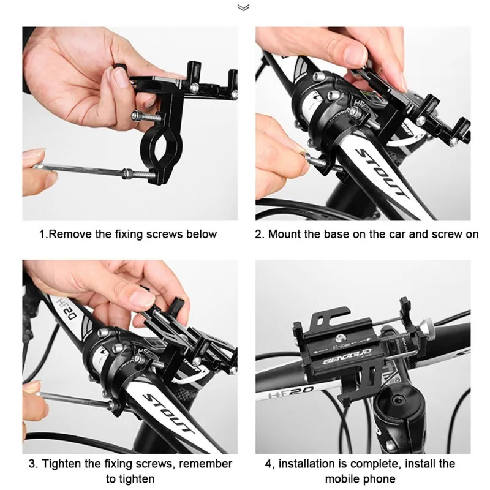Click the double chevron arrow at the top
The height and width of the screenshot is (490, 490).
coord(243,7)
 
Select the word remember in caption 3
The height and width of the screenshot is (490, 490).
coord(205,464)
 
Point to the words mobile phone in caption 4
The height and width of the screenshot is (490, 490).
coord(360,479)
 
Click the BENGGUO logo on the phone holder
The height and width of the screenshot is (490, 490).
coord(347,356)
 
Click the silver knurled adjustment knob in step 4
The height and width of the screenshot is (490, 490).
coord(426,330)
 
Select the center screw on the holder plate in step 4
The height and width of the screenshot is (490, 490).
coord(341,338)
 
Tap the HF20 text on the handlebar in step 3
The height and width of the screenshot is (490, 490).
coord(67,309)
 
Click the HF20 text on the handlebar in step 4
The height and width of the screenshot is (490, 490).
coord(290,392)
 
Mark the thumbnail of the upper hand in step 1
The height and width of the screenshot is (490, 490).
coord(119,77)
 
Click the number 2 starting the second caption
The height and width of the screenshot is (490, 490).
coord(258,234)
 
